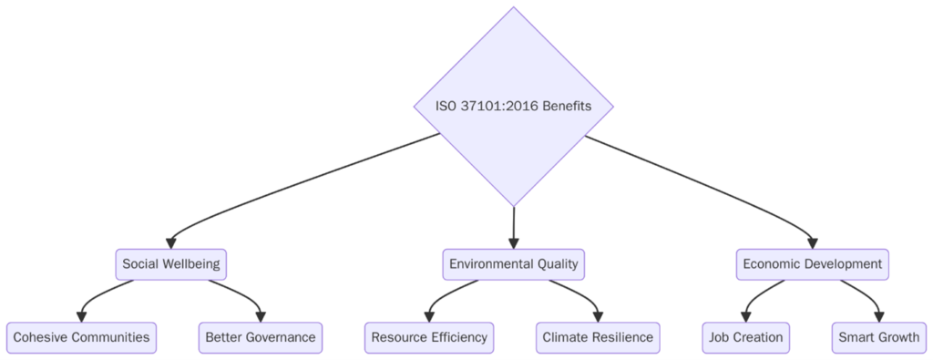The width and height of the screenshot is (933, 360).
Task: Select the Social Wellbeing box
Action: tap(171, 264)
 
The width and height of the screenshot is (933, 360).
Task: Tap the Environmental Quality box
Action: tap(513, 264)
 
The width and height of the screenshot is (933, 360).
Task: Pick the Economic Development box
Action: tap(812, 264)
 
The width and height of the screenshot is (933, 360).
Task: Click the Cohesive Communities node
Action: tap(81, 337)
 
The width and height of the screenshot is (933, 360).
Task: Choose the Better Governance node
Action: tap(261, 337)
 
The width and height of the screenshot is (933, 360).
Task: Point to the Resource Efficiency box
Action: tap(428, 337)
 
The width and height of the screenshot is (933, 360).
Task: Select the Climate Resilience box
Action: tap(598, 337)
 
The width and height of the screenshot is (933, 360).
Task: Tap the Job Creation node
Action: tap(746, 337)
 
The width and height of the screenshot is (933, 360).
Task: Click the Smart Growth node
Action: tap(879, 337)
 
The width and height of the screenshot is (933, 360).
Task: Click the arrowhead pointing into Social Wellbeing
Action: tap(171, 242)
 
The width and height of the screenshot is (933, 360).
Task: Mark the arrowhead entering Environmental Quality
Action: tap(513, 242)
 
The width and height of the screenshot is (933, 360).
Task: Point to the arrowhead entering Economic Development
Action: tap(812, 242)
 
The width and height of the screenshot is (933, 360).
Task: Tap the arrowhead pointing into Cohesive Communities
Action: tap(81, 315)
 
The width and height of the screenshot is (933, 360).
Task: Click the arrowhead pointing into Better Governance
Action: tap(261, 315)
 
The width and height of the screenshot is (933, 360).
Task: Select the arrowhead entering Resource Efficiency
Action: tap(428, 315)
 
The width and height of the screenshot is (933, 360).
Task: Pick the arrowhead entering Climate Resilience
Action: tap(598, 315)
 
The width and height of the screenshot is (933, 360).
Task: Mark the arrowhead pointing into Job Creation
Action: tap(746, 315)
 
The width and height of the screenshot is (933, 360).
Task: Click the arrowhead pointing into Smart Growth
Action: tap(879, 315)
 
